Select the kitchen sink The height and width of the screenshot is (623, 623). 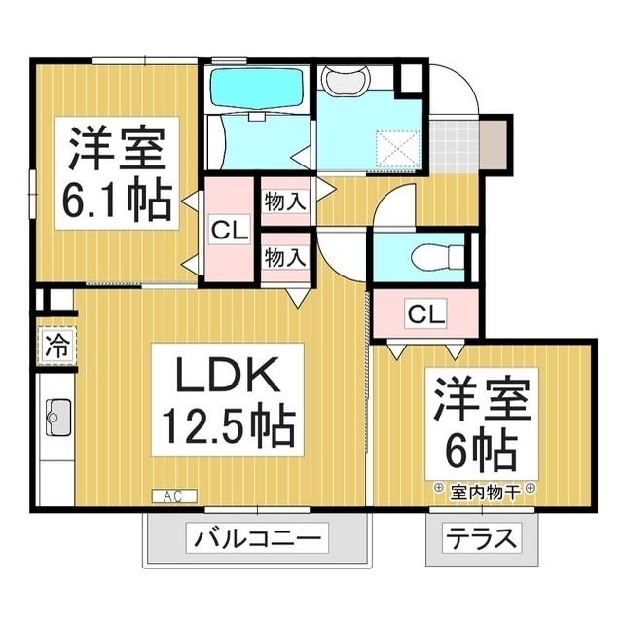55,420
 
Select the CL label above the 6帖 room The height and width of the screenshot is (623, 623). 425,313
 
